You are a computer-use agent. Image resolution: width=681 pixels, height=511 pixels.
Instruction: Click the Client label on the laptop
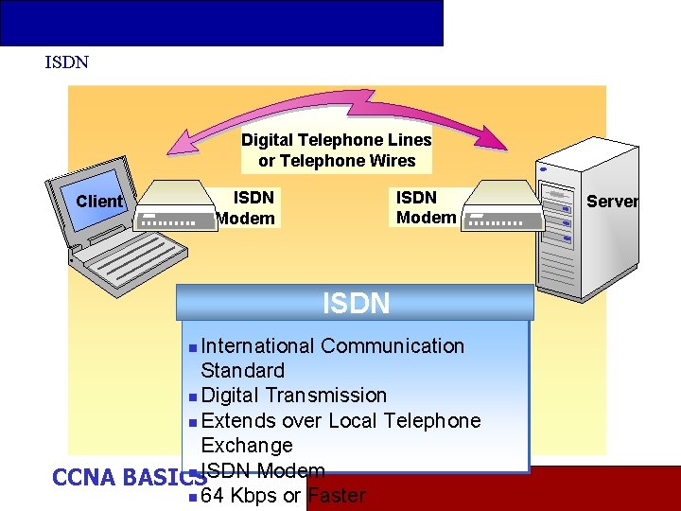pyautogui.click(x=99, y=202)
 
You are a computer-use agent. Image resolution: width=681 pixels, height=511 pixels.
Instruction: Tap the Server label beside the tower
pyautogui.click(x=612, y=202)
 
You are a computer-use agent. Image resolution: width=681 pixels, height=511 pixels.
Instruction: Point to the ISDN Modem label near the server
pyautogui.click(x=425, y=208)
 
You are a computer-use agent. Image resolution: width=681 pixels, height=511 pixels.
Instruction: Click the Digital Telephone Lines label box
pyautogui.click(x=336, y=150)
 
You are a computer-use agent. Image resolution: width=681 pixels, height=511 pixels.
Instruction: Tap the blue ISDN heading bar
pyautogui.click(x=356, y=304)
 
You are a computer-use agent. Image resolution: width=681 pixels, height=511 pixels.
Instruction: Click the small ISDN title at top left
pyautogui.click(x=66, y=62)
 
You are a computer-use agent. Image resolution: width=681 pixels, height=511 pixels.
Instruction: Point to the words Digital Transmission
pyautogui.click(x=293, y=396)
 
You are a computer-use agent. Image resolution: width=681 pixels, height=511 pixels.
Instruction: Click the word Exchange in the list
pyautogui.click(x=246, y=445)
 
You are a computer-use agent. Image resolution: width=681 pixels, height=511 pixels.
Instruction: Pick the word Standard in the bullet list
pyautogui.click(x=242, y=371)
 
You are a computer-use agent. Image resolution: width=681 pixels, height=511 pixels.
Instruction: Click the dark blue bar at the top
pyautogui.click(x=221, y=23)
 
